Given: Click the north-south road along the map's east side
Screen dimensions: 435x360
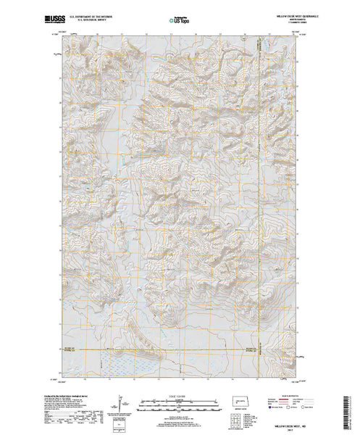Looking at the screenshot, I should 259,181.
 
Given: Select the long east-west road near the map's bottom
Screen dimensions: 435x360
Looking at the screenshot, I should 181,350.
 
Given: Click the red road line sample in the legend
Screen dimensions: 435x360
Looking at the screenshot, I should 288,400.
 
